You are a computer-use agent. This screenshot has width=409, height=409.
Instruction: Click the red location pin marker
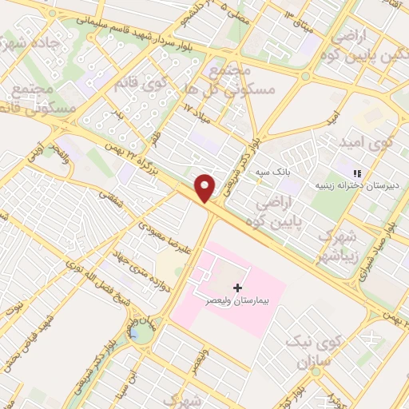(x=206, y=187)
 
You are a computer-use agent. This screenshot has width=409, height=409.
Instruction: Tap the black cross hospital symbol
(x=236, y=287)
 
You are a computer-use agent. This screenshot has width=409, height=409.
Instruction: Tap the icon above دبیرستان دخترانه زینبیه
(x=358, y=173)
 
